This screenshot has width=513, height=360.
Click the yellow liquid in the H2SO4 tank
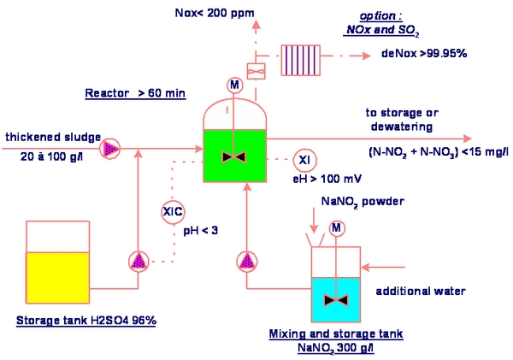[57, 278]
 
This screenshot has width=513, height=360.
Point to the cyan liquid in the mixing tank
[336, 300]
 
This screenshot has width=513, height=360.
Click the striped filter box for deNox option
[301, 61]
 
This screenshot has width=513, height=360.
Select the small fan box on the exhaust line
[256, 71]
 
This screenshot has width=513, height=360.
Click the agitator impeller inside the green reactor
[234, 157]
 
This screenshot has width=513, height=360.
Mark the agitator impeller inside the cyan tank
[336, 300]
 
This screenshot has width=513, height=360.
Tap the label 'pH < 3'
[201, 231]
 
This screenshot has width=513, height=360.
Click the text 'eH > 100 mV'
[327, 179]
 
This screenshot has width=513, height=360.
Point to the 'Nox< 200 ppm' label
[215, 13]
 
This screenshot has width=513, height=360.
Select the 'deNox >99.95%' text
[424, 53]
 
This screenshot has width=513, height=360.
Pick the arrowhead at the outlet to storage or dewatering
[467, 139]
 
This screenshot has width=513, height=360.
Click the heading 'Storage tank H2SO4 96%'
[86, 321]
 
